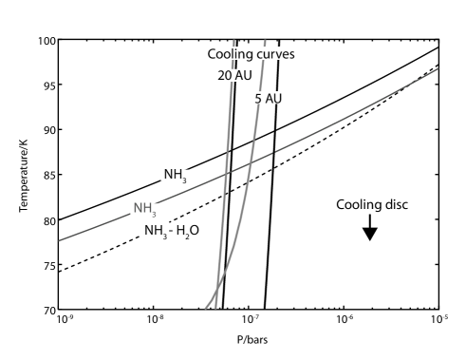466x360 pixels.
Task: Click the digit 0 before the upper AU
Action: click(226, 75)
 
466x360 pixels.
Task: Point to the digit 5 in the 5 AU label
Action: click(257, 99)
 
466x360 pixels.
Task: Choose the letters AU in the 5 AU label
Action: click(272, 99)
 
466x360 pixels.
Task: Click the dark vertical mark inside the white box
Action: click(278, 75)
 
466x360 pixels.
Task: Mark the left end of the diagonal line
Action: click(60, 240)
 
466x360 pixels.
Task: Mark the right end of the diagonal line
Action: click(438, 68)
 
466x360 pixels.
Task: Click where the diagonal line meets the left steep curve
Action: click(226, 173)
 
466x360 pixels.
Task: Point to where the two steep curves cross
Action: click(218, 283)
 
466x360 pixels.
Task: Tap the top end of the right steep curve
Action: click(265, 41)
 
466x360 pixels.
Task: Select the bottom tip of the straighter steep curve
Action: click(215, 308)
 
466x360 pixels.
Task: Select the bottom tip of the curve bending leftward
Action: click(205, 308)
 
